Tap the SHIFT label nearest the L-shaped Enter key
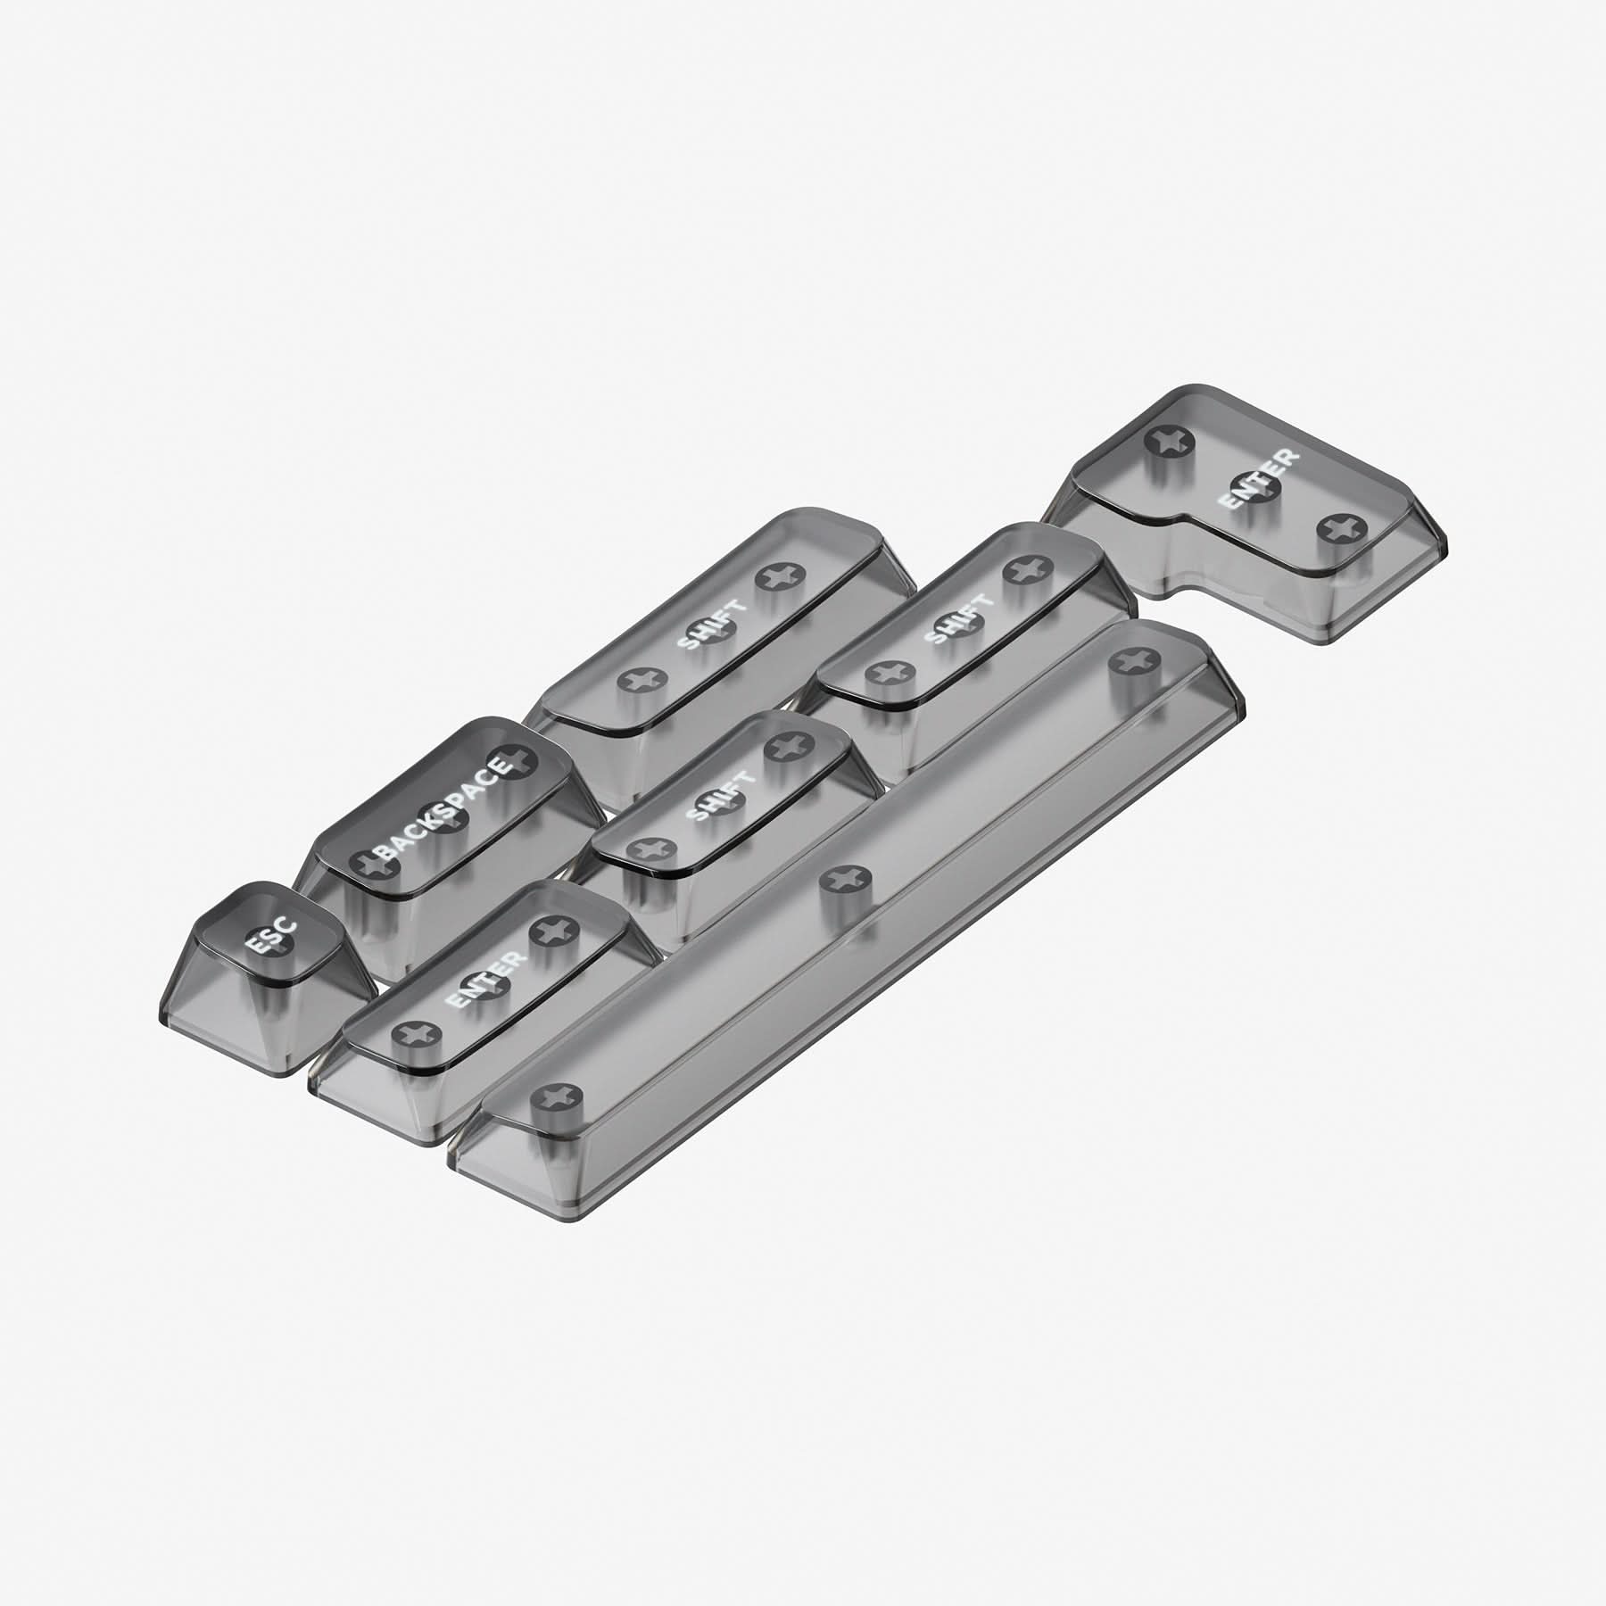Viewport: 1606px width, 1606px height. [960, 619]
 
